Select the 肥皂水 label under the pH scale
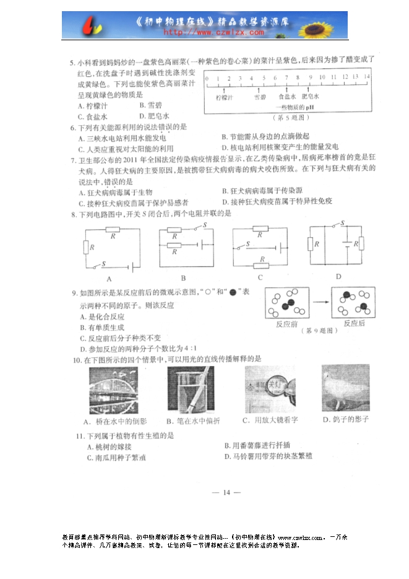pyautogui.click(x=310, y=97)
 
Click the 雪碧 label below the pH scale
pyautogui.click(x=260, y=97)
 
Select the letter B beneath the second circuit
pyautogui.click(x=183, y=279)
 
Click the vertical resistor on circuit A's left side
pyautogui.click(x=86, y=248)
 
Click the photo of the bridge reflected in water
pyautogui.click(x=114, y=388)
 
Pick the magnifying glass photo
pyautogui.click(x=270, y=388)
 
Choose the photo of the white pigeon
pyautogui.click(x=345, y=388)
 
